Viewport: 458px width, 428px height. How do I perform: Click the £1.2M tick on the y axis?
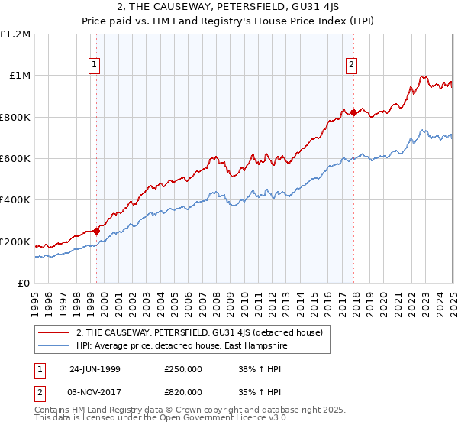point(15,34)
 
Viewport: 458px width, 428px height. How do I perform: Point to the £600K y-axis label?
point(15,159)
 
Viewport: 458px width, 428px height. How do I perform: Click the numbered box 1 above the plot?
point(94,66)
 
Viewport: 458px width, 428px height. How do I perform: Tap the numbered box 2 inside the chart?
point(352,66)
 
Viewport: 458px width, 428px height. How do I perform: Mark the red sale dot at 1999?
point(97,231)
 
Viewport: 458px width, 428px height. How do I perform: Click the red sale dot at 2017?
point(354,112)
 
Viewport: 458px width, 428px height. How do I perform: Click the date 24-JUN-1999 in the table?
point(95,368)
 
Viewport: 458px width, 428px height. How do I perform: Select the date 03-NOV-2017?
point(95,391)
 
